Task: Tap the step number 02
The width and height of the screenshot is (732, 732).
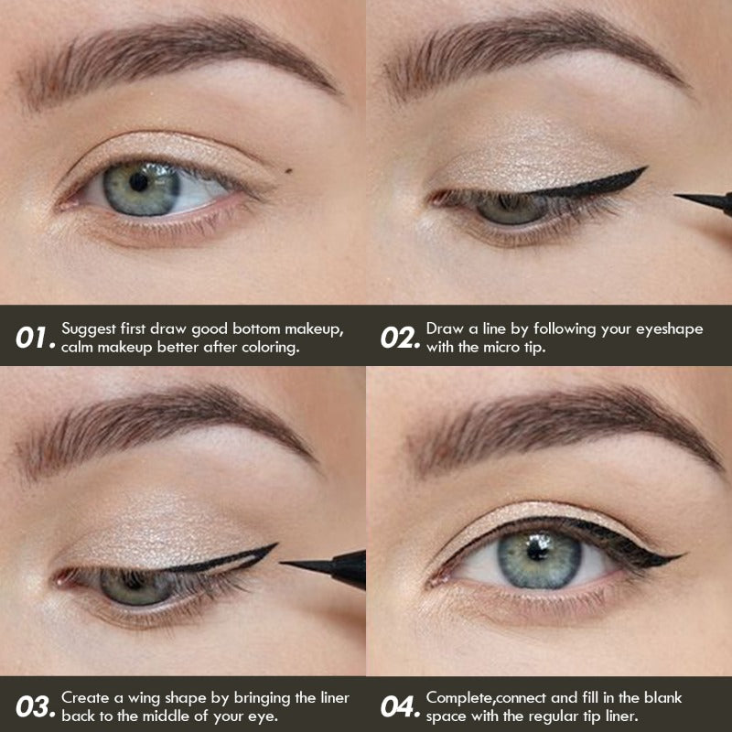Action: click(x=399, y=338)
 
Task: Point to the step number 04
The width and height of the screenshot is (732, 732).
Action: click(x=400, y=706)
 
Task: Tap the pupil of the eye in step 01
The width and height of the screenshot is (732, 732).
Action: click(x=138, y=181)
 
